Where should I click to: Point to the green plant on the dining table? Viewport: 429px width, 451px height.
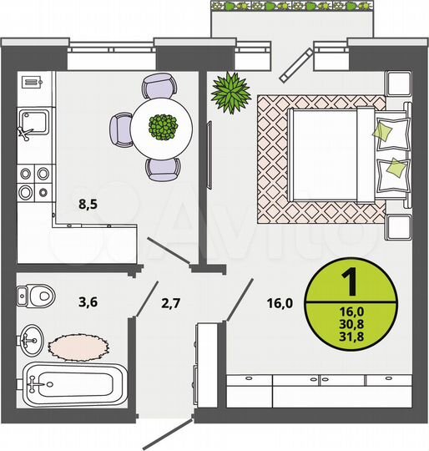pyautogui.click(x=163, y=127)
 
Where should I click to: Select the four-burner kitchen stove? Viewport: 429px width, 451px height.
pyautogui.click(x=33, y=182)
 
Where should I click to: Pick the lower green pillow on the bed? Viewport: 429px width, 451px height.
pyautogui.click(x=391, y=174)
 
